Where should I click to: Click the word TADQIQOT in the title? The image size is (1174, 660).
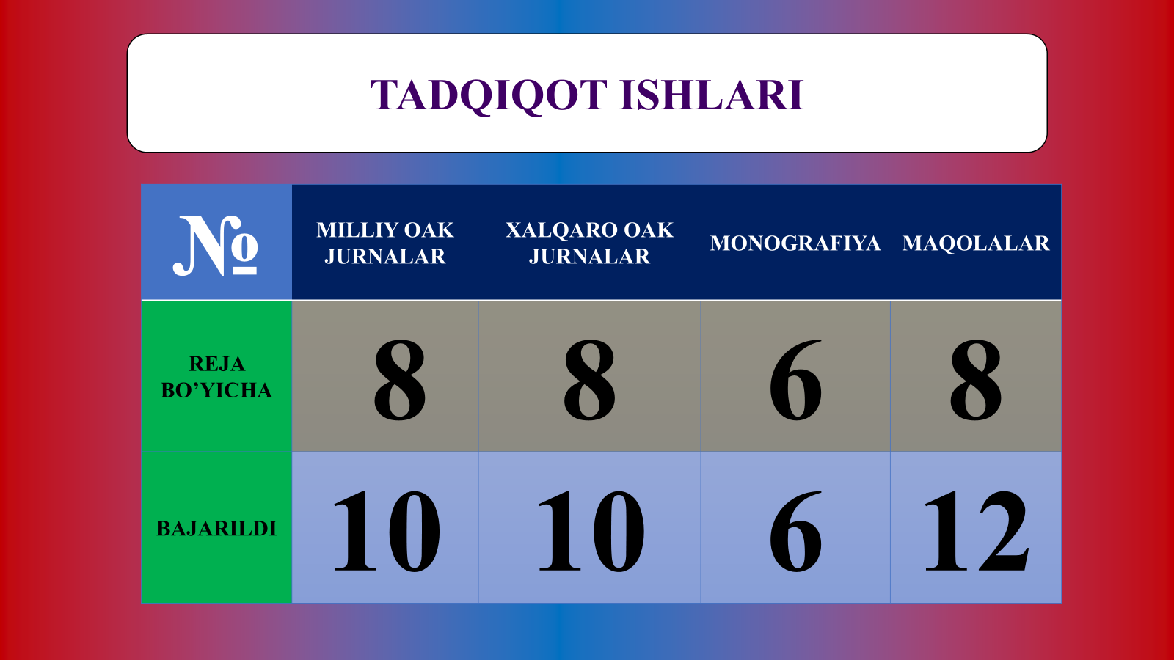pyautogui.click(x=489, y=95)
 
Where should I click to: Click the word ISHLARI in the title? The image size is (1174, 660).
pyautogui.click(x=711, y=95)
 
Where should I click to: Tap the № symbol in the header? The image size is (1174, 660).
pyautogui.click(x=216, y=246)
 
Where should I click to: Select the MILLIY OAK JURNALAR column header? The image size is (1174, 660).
pyautogui.click(x=385, y=243)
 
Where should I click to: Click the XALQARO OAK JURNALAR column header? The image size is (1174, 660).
pyautogui.click(x=590, y=243)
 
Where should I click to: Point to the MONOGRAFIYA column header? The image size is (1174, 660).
pyautogui.click(x=795, y=243)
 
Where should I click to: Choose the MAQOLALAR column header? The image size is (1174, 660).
pyautogui.click(x=976, y=243)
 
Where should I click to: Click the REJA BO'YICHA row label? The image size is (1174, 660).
pyautogui.click(x=216, y=377)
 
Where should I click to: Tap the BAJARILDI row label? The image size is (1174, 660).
pyautogui.click(x=216, y=529)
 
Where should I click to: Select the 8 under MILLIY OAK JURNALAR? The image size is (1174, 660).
pyautogui.click(x=399, y=380)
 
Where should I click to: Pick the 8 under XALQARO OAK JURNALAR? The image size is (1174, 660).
pyautogui.click(x=589, y=380)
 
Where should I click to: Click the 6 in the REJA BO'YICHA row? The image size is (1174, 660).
pyautogui.click(x=795, y=380)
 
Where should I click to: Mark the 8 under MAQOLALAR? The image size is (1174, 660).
pyautogui.click(x=976, y=380)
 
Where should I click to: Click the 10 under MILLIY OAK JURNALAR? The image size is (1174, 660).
pyautogui.click(x=387, y=531)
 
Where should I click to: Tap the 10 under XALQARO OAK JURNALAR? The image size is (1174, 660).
pyautogui.click(x=591, y=531)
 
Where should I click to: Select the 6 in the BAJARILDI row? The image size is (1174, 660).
pyautogui.click(x=795, y=531)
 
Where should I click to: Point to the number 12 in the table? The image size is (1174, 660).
pyautogui.click(x=977, y=530)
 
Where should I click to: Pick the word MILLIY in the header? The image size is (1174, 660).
pyautogui.click(x=356, y=230)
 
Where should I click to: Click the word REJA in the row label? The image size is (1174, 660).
pyautogui.click(x=217, y=364)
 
